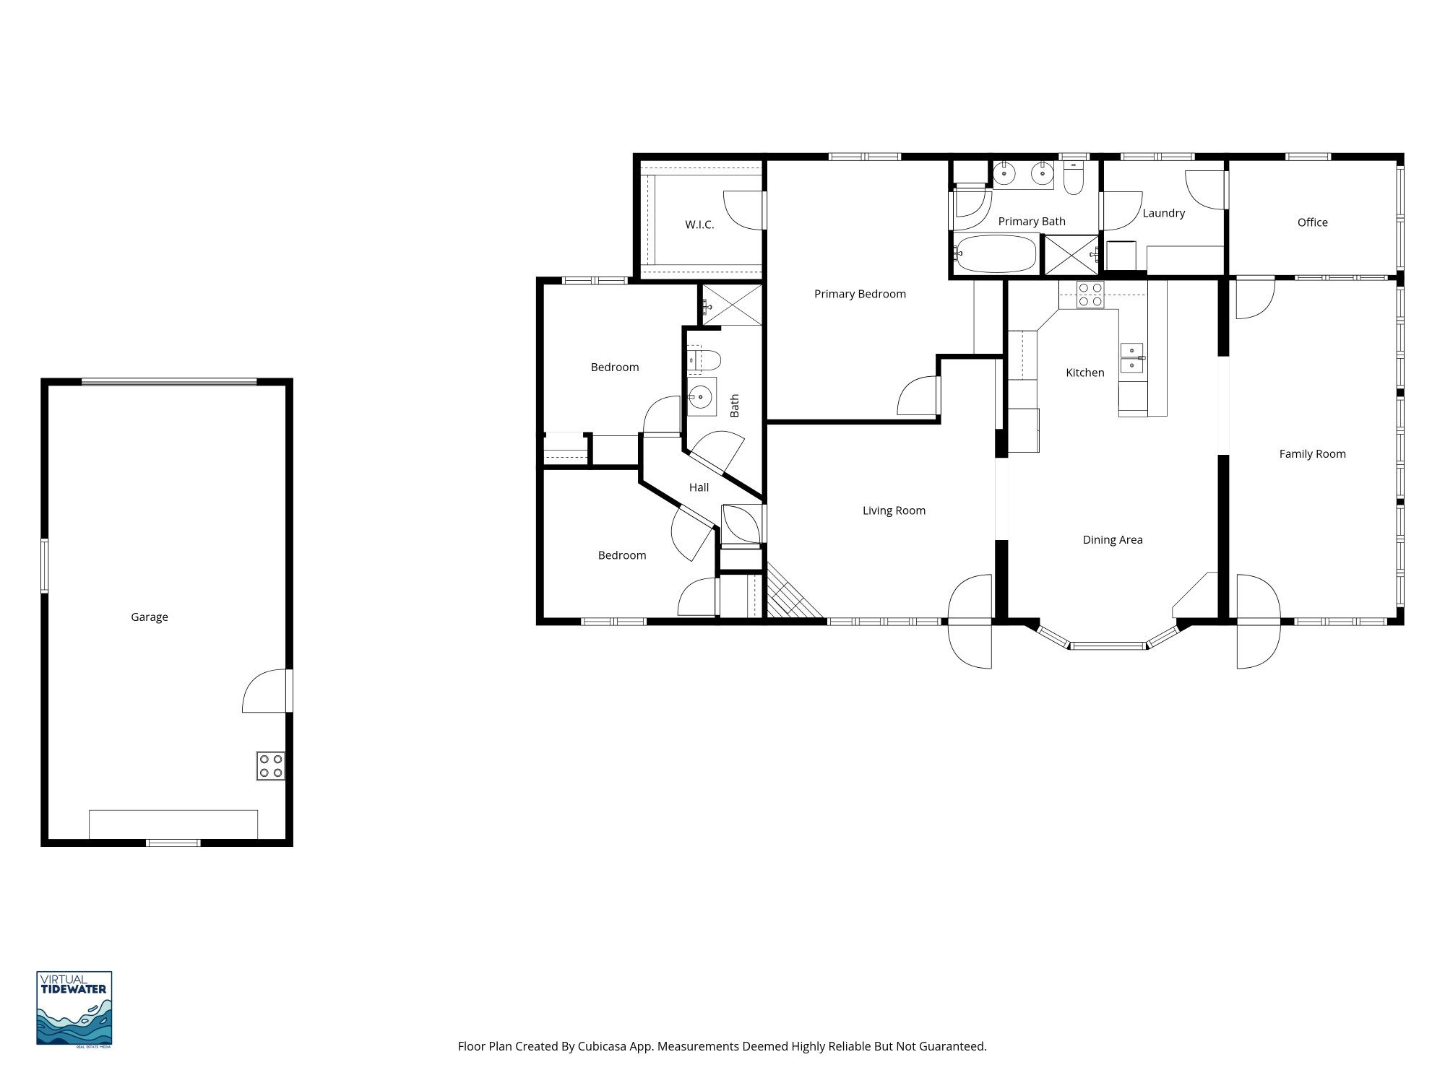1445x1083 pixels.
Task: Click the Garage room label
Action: click(150, 617)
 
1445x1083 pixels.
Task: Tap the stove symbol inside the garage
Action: click(270, 765)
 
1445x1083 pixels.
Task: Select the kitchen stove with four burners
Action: click(1090, 295)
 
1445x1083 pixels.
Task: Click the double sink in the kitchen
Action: click(1131, 358)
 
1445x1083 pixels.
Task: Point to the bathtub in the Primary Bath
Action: click(996, 253)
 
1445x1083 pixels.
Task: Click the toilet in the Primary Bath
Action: click(1074, 178)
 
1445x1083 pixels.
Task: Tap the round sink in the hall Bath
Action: click(700, 396)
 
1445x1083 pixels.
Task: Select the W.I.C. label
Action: click(699, 225)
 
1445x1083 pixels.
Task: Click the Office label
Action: click(1312, 222)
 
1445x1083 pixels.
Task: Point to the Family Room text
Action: click(1312, 454)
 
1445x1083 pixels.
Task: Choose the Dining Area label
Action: click(1113, 540)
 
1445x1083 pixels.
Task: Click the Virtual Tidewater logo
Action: click(74, 1008)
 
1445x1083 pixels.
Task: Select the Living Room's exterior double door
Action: click(970, 621)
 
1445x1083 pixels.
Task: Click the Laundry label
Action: click(1163, 213)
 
